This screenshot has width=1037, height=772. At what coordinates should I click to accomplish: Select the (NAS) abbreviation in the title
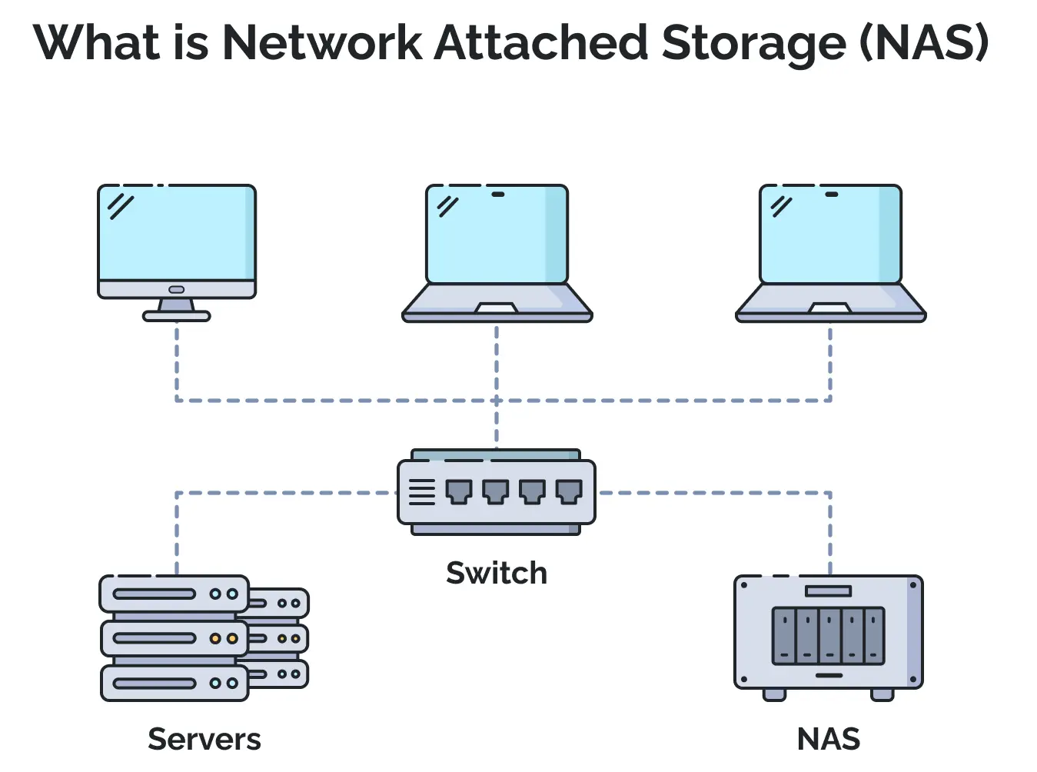(x=923, y=43)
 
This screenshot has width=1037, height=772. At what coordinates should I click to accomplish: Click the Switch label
(x=497, y=574)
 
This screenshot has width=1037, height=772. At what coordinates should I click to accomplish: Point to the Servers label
(x=204, y=740)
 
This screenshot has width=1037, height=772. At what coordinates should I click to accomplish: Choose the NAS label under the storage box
(x=829, y=740)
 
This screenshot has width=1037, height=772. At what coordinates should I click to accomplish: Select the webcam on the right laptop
(x=831, y=195)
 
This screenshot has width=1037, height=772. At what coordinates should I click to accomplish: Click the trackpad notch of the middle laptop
(x=497, y=308)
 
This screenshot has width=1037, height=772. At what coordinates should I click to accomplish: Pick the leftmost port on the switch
(x=459, y=491)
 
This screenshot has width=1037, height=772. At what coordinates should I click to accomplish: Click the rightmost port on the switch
(x=569, y=491)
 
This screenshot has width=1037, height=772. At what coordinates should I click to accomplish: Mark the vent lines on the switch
(x=421, y=492)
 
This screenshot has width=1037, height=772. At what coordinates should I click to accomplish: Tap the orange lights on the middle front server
(x=224, y=639)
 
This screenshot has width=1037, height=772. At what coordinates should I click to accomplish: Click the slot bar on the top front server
(x=155, y=594)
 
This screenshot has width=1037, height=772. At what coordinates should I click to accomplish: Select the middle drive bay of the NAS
(x=829, y=636)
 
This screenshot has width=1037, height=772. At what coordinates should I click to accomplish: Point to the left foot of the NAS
(x=774, y=694)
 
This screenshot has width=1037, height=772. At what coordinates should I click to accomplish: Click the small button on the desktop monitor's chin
(x=177, y=290)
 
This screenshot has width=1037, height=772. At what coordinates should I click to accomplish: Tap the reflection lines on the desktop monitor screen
(x=121, y=206)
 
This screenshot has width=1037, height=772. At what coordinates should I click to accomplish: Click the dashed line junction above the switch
(x=497, y=401)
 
